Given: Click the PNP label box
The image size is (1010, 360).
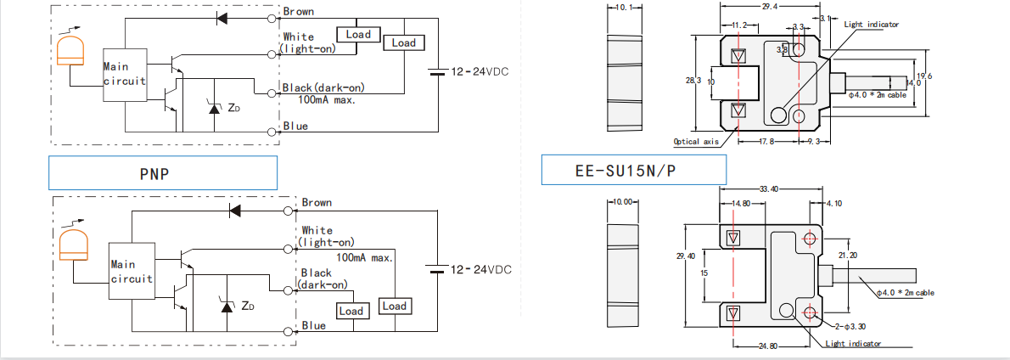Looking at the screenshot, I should point(163,172).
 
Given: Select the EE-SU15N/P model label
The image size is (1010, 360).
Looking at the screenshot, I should point(633,171).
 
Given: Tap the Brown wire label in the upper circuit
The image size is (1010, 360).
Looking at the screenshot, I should point(298,12).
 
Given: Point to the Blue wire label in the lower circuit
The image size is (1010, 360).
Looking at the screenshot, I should point(314,325).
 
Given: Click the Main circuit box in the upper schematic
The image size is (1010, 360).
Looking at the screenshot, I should point(125,74).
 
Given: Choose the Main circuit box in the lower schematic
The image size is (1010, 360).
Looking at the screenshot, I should point(132,271).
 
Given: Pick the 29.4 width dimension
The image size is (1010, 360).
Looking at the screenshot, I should point(769,7).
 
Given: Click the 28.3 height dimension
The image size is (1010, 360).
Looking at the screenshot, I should point(693,81).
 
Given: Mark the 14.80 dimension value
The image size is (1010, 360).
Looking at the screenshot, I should point(741,204).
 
